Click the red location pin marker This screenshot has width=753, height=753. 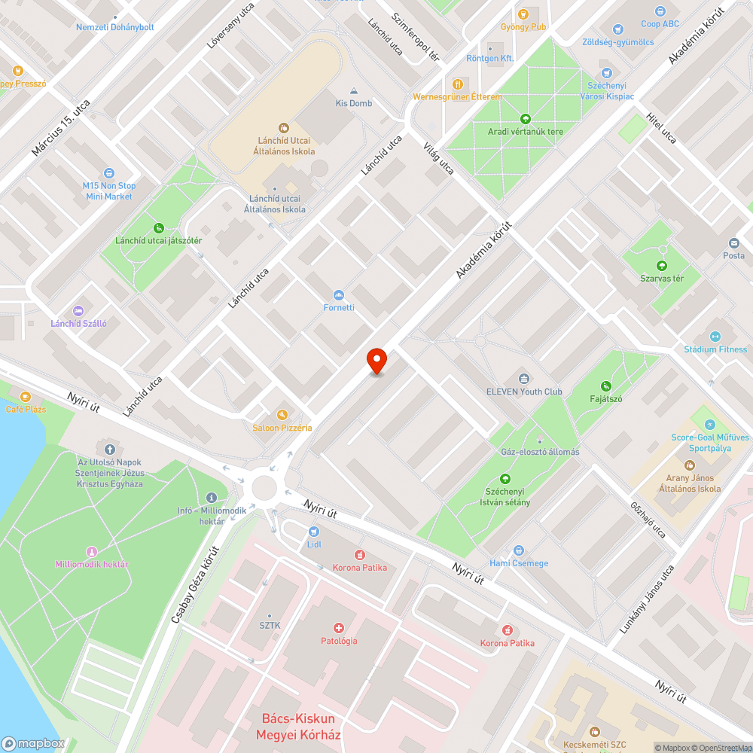pyautogui.click(x=376, y=360)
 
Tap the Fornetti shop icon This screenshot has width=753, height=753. pyautogui.click(x=338, y=294)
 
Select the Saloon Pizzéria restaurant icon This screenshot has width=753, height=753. pyautogui.click(x=282, y=414)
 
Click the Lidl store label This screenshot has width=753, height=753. pyautogui.click(x=314, y=543)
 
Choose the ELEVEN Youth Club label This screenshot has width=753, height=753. pyautogui.click(x=524, y=391)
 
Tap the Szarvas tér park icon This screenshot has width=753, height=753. pyautogui.click(x=661, y=265)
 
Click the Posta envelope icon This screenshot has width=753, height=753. pyautogui.click(x=733, y=242)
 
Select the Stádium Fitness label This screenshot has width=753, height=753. pyautogui.click(x=715, y=349)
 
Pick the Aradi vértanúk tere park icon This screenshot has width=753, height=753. pyautogui.click(x=525, y=118)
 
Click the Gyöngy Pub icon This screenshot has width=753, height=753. pyautogui.click(x=524, y=13)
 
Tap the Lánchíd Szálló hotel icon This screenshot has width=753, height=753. pyautogui.click(x=78, y=310)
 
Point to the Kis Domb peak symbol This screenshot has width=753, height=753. pyautogui.click(x=354, y=90)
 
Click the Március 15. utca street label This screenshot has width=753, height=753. pyautogui.click(x=61, y=128)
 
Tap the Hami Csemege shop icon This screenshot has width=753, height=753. pyautogui.click(x=518, y=550)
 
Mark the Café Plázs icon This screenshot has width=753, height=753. pyautogui.click(x=26, y=396)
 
